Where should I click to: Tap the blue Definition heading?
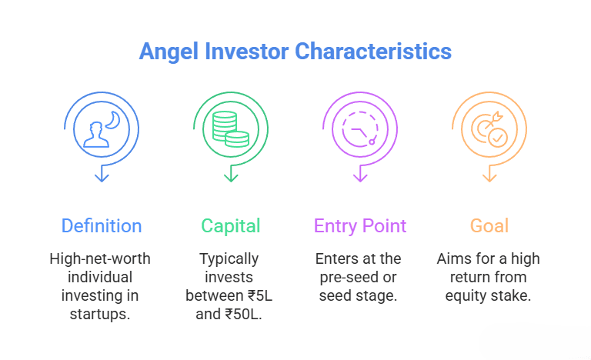(102, 226)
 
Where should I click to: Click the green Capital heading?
(231, 226)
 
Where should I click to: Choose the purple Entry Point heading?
(360, 226)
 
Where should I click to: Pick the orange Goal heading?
(489, 226)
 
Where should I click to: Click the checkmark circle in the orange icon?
(498, 138)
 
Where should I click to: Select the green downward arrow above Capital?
(231, 175)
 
